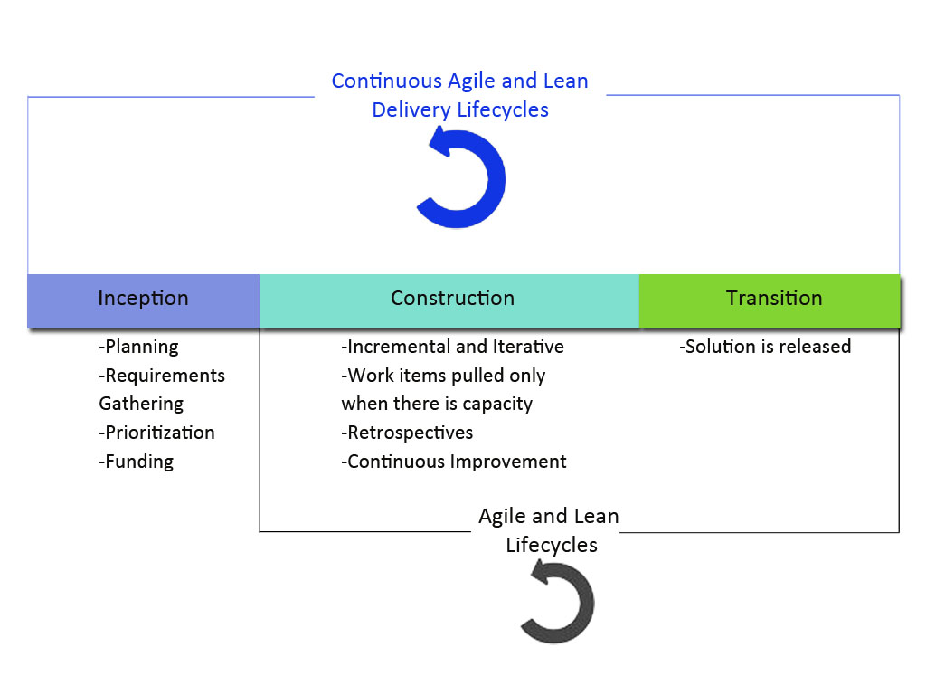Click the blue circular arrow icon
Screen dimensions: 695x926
pyautogui.click(x=461, y=178)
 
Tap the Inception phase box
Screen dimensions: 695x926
pyautogui.click(x=143, y=300)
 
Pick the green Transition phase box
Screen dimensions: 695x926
pyautogui.click(x=773, y=300)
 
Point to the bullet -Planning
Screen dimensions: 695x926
pyautogui.click(x=138, y=347)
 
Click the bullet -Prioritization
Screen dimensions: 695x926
pyautogui.click(x=156, y=433)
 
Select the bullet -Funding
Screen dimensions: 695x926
pyautogui.click(x=136, y=462)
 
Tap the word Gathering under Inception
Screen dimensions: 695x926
pyautogui.click(x=141, y=404)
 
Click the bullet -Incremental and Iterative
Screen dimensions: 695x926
pyautogui.click(x=452, y=347)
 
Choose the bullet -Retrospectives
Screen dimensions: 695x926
pyautogui.click(x=407, y=433)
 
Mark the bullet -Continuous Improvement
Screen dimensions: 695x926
pyautogui.click(x=453, y=462)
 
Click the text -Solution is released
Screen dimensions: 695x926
pyautogui.click(x=765, y=347)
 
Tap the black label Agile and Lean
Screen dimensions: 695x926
pyautogui.click(x=548, y=517)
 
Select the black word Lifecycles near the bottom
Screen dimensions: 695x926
pyautogui.click(x=551, y=546)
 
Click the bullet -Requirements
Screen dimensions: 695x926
pyautogui.click(x=162, y=376)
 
